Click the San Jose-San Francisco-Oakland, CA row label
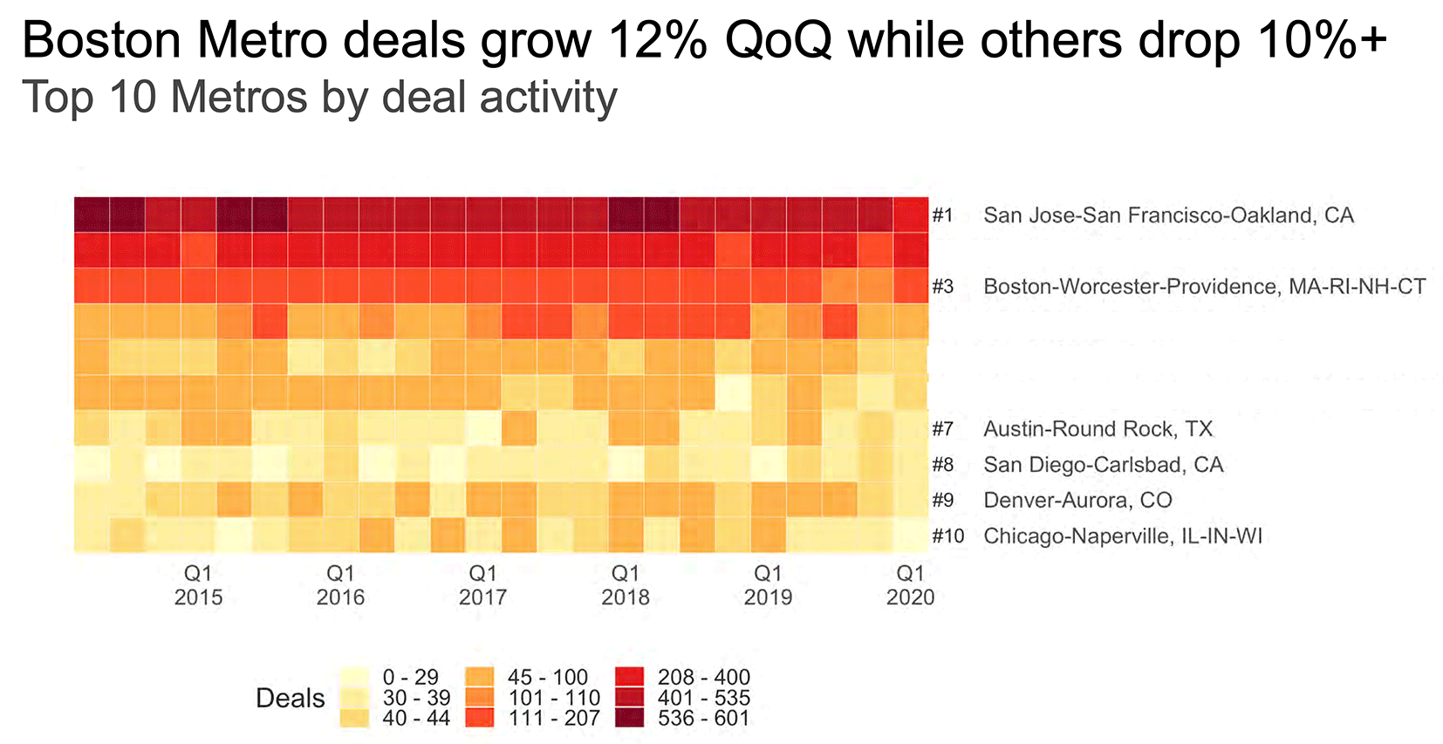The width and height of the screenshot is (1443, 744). tap(1168, 215)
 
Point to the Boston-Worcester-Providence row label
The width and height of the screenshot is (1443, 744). tap(1204, 287)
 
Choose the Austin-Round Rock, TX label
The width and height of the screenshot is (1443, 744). tap(1098, 429)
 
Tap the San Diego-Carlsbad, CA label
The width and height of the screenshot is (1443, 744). tap(1103, 465)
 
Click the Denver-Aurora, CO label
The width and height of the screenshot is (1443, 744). tap(1077, 501)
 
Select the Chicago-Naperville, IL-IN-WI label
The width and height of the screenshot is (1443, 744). tap(1123, 536)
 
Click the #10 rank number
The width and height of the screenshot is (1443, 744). tap(947, 536)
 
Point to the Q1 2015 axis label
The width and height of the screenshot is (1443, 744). tap(198, 585)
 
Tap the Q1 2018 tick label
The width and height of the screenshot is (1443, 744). tap(625, 585)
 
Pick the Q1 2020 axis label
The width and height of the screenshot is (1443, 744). tap(910, 585)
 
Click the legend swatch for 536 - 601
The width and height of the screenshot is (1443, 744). tap(630, 719)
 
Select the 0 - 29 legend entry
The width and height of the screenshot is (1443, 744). tap(410, 677)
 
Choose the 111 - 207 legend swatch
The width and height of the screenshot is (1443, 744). tap(480, 719)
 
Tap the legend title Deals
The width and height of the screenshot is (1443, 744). tap(290, 698)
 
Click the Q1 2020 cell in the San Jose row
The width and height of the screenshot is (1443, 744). tap(911, 215)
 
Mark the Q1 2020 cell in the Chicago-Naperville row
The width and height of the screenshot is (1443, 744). tap(911, 536)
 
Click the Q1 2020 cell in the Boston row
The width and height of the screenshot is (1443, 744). tap(911, 286)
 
